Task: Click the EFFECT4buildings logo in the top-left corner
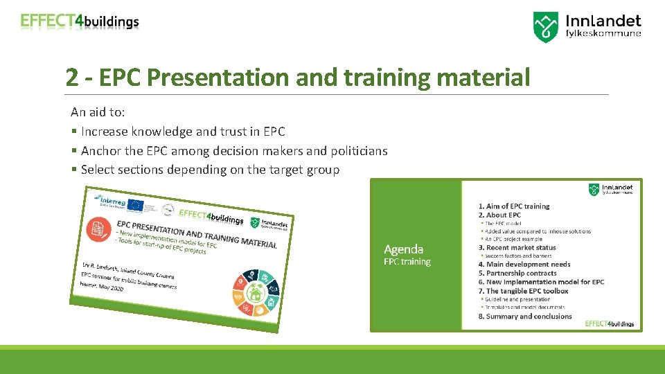(x=80, y=21)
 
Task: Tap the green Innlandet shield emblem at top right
(x=545, y=26)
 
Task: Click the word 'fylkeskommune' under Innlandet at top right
(x=603, y=33)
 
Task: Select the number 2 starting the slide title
(x=71, y=77)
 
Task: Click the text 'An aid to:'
(x=98, y=112)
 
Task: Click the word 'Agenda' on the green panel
(x=404, y=249)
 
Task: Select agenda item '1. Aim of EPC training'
(x=513, y=206)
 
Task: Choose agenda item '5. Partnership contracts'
(x=517, y=273)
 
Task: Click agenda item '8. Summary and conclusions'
(x=525, y=316)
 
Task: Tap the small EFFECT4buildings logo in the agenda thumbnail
(x=609, y=323)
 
